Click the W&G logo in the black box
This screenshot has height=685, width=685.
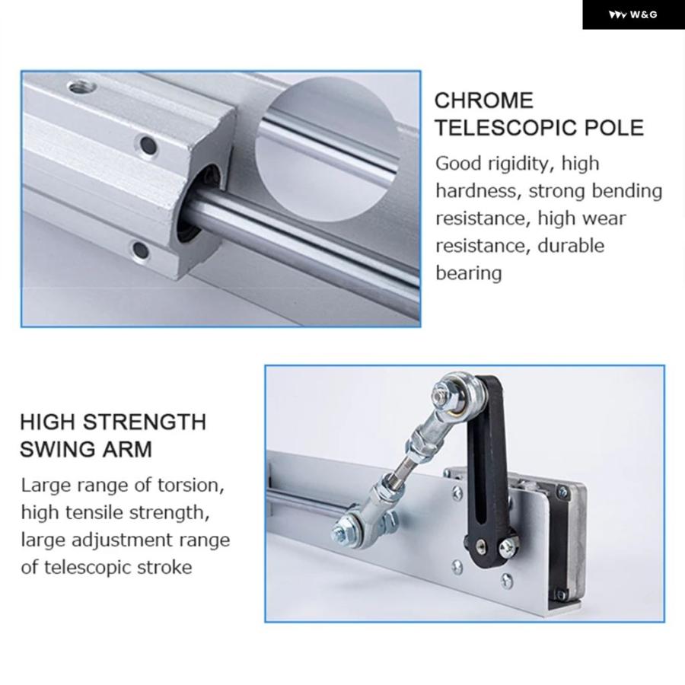click(x=632, y=15)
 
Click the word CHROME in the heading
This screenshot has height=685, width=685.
click(x=484, y=100)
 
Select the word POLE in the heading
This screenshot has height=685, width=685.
click(x=613, y=128)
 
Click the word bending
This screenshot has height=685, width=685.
click(x=627, y=191)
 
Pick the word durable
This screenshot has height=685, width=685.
click(x=571, y=246)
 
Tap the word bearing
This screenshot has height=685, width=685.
click(x=469, y=273)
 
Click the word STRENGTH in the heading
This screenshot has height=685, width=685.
click(x=144, y=422)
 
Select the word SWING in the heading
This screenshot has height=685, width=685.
click(x=57, y=450)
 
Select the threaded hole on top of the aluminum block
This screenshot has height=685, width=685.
click(x=82, y=88)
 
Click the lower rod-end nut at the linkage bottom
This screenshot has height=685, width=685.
click(x=342, y=531)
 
